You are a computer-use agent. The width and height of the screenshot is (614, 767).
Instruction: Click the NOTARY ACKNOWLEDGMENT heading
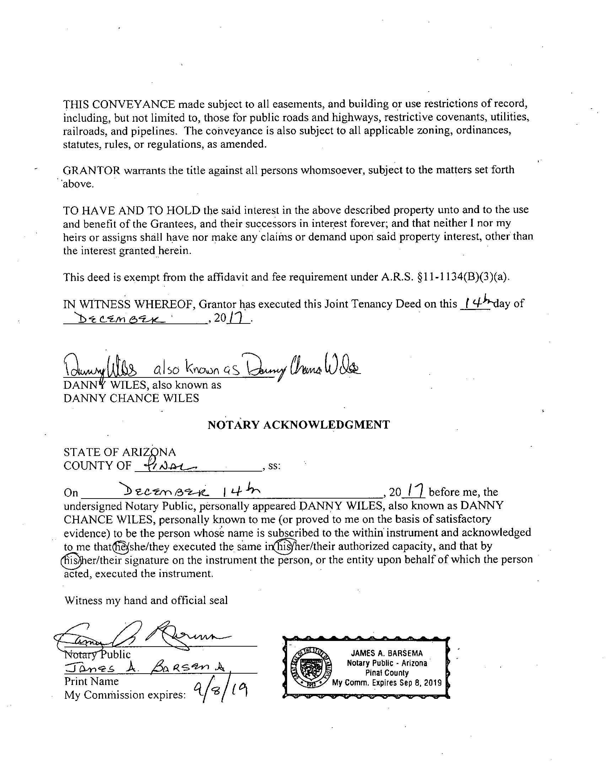(298, 425)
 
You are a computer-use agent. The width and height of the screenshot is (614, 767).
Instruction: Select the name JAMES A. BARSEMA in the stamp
(387, 653)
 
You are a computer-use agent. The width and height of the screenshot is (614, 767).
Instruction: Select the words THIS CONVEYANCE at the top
(119, 104)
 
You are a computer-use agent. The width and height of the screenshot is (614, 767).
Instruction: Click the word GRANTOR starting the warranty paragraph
(91, 170)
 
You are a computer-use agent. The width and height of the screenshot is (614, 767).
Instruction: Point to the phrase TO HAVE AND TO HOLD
(131, 210)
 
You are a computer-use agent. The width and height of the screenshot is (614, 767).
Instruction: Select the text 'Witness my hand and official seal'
(146, 601)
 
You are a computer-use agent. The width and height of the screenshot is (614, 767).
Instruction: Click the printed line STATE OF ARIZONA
(120, 452)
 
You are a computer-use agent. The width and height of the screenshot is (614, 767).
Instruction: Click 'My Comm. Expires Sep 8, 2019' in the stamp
(387, 683)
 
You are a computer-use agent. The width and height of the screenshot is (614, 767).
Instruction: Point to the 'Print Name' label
(91, 681)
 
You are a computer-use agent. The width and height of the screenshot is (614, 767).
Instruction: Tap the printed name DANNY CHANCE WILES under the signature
(131, 398)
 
